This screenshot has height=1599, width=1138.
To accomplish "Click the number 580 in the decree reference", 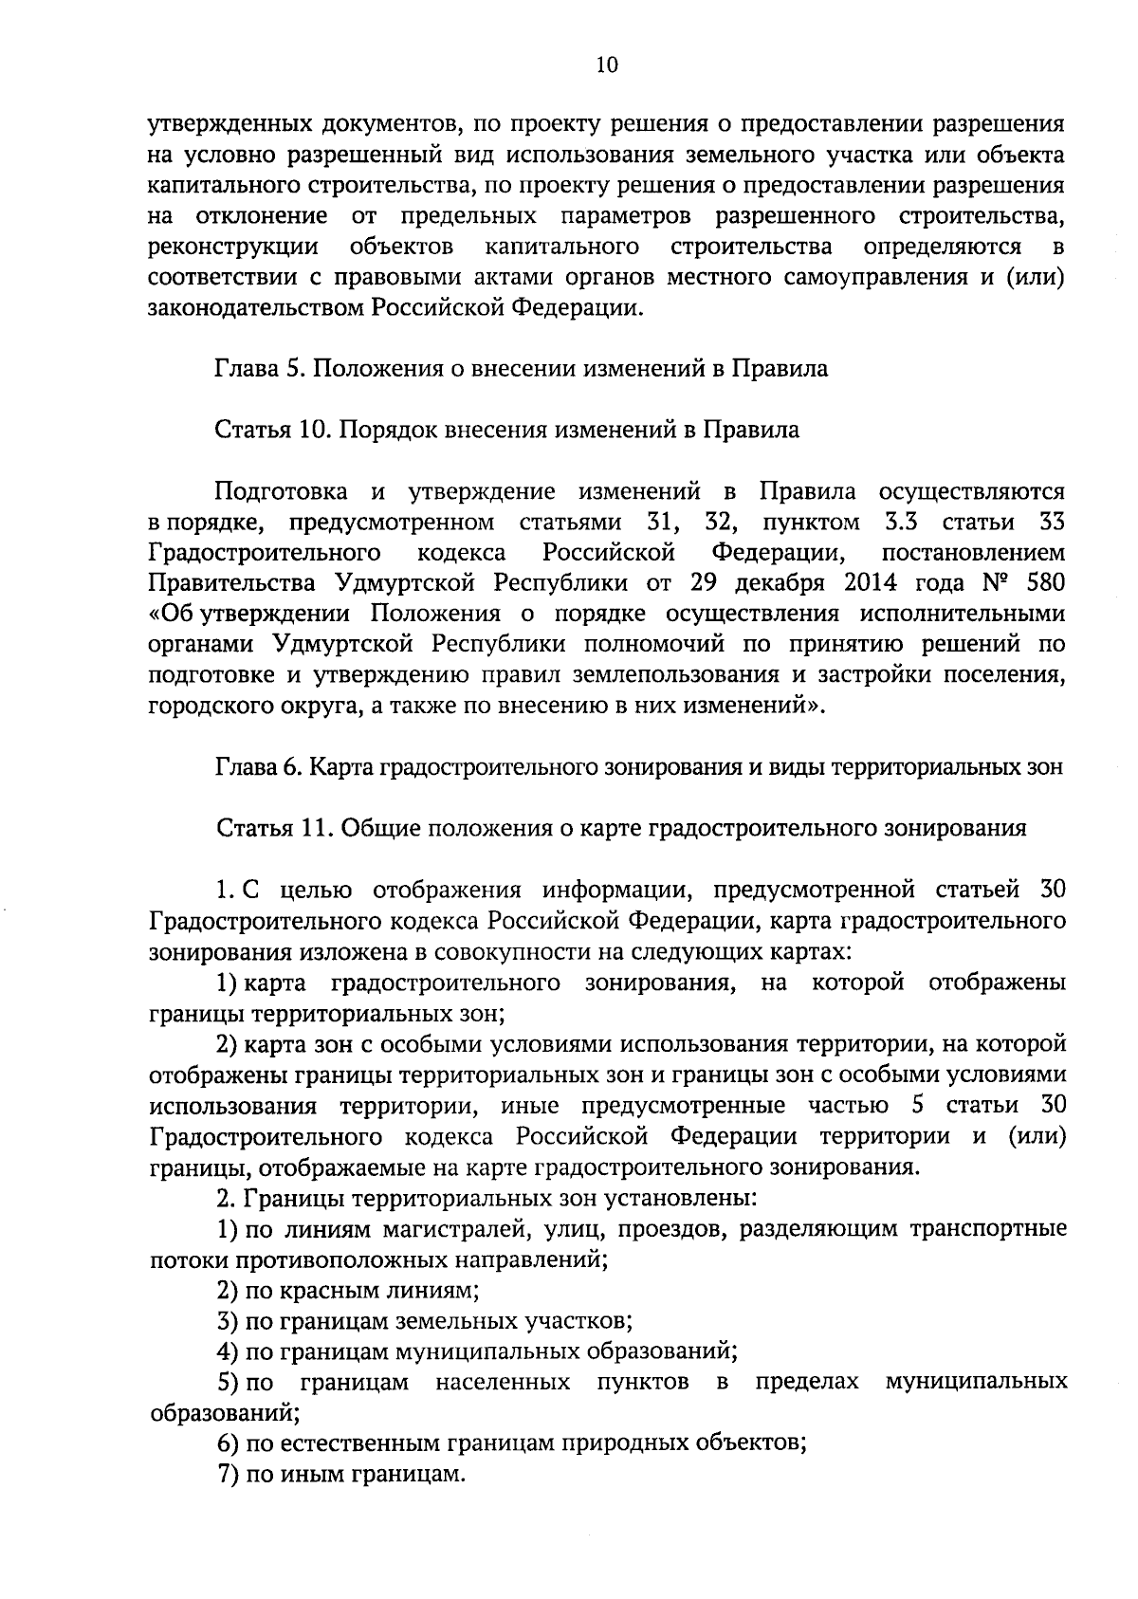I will coord(1044,582).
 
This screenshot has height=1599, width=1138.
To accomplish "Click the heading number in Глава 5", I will coord(293,369).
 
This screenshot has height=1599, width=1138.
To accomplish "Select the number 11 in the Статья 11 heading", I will coord(312,829).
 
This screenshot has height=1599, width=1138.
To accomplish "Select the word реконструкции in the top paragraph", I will coord(233,248).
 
